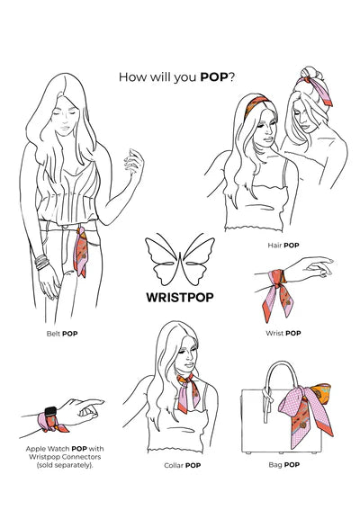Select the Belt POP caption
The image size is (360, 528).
click(65, 333)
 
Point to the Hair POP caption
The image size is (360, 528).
click(284, 245)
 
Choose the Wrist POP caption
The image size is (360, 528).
click(283, 333)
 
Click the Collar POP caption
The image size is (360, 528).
click(182, 465)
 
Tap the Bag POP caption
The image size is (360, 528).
click(285, 465)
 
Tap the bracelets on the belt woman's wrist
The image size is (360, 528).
click(41, 264)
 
